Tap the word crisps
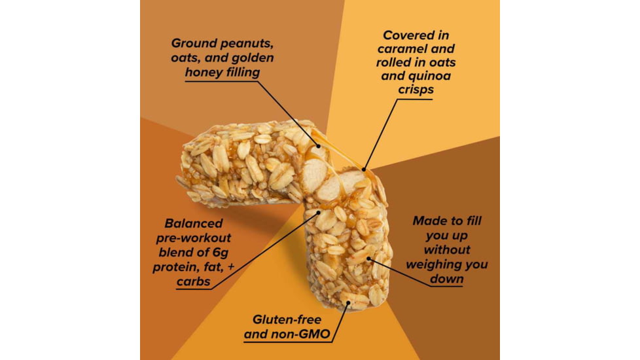(x=415, y=90)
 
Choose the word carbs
(x=192, y=281)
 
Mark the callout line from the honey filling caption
(x=288, y=112)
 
